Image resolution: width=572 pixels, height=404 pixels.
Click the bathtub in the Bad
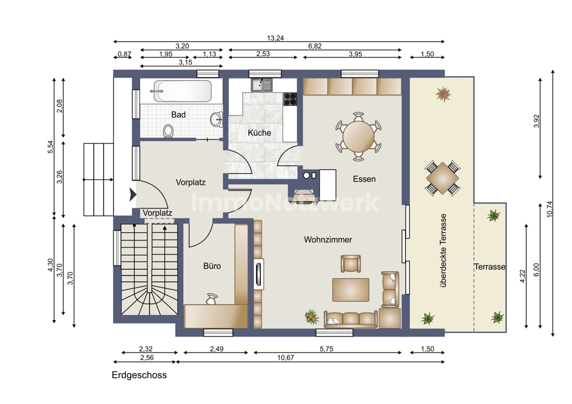pos(182,90)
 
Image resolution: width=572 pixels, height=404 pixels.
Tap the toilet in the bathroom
pos(168,130)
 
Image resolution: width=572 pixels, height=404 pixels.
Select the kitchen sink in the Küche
pos(261,85)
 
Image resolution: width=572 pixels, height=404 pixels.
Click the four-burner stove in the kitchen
pos(291,99)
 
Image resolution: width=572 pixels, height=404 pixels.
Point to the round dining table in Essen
pos(358,137)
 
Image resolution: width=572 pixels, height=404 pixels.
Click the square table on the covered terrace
pos(442,179)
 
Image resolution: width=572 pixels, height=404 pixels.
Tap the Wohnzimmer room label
pos(328,240)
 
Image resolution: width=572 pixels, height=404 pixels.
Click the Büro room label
pos(212,266)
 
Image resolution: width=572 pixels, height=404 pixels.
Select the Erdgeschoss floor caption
pos(139,375)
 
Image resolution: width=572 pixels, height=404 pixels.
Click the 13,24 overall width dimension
pos(276,38)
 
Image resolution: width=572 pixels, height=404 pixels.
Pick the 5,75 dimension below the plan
pos(327,349)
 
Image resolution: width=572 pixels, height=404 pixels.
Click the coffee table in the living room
pos(351,290)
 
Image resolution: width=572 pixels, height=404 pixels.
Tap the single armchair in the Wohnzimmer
pos(351,263)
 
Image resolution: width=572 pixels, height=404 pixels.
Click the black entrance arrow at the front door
pos(133,195)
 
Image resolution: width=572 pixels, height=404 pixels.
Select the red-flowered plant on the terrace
pos(443,94)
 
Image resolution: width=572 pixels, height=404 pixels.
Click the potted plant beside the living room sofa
pos(312,317)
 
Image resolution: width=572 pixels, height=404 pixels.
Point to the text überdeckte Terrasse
pos(443,251)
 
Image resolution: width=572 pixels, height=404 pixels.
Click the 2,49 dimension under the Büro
pos(216,349)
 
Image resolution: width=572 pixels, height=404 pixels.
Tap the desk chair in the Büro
pos(212,299)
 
